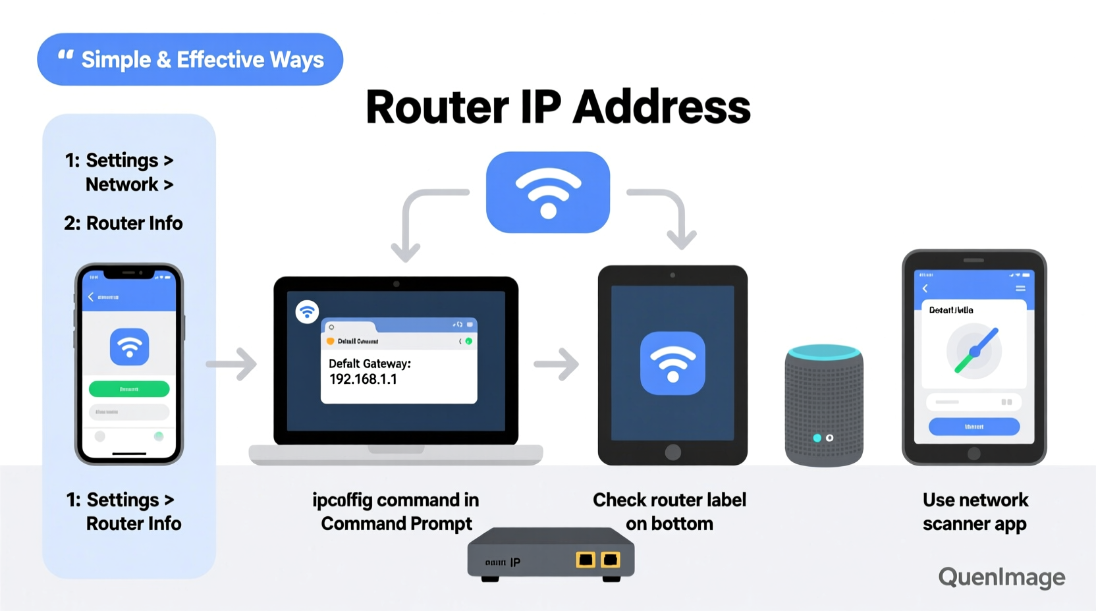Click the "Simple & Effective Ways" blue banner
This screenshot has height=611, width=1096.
tap(190, 59)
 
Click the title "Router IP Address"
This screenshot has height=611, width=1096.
tap(558, 107)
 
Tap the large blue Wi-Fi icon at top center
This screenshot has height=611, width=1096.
tap(548, 192)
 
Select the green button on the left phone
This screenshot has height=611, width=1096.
tap(129, 389)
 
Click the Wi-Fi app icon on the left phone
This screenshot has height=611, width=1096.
tap(129, 347)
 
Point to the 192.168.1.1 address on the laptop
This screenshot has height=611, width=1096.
tap(363, 379)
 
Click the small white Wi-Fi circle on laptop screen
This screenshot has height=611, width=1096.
tap(307, 311)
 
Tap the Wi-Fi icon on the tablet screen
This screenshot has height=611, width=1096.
tap(672, 363)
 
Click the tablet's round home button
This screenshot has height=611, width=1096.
tap(672, 452)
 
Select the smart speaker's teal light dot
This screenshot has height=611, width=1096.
tap(817, 438)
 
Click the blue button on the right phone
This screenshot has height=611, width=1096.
tap(973, 427)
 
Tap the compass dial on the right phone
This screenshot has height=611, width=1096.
tap(974, 352)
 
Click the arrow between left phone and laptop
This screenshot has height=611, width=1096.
tap(232, 364)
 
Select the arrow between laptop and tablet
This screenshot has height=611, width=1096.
tap(557, 364)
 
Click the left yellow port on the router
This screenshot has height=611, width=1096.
tap(586, 560)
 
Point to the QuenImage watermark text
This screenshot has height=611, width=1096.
tap(1001, 577)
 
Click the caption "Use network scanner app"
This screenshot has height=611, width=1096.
tap(975, 512)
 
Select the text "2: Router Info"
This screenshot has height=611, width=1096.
tap(123, 223)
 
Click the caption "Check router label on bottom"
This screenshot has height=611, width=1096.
tap(669, 512)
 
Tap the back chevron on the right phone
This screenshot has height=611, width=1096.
tap(925, 288)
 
